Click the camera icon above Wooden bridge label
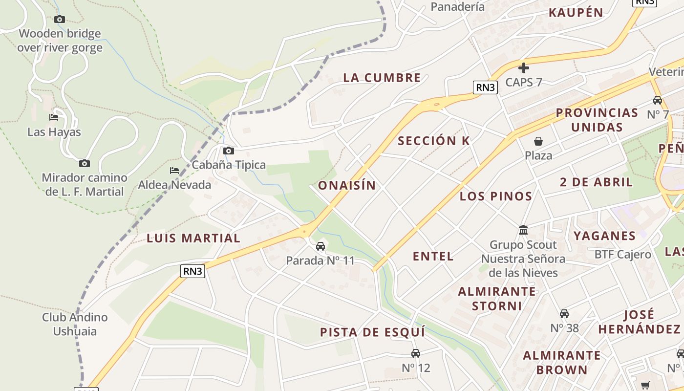coord(60,19)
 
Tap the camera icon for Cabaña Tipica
coord(228,151)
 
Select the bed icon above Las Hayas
coord(54,117)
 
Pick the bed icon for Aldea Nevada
coord(174,171)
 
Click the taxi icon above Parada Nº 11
coord(321,246)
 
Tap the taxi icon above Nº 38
coord(564,313)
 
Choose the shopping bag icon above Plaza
coord(538,141)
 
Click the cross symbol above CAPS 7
coord(524,67)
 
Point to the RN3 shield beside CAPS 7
coord(486,87)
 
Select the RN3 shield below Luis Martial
coord(192,271)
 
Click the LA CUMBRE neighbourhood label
coord(382,78)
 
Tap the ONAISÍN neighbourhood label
coord(347,185)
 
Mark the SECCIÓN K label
coord(434,141)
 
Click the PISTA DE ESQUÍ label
coord(372,332)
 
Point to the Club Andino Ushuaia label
coord(75,324)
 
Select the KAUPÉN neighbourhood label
coord(576,13)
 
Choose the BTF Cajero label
coord(622,254)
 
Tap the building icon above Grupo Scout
coord(523,230)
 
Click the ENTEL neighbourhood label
coord(433,256)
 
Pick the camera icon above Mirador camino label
coord(85,163)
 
